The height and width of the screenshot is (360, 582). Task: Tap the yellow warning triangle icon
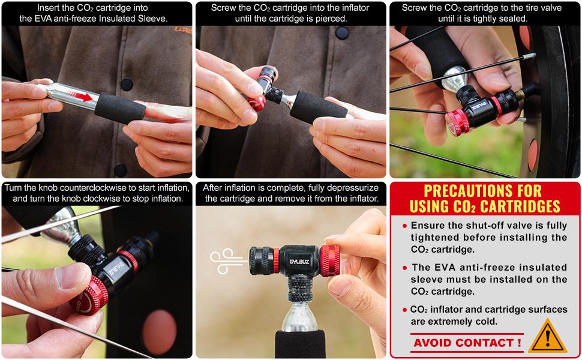click(x=548, y=337)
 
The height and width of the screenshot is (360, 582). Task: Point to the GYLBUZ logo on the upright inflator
click(x=299, y=262)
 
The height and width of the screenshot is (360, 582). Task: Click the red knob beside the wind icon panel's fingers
click(x=329, y=260)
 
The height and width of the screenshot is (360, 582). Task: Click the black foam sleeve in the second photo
click(x=319, y=107)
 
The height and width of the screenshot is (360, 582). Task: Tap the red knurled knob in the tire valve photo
click(x=458, y=122)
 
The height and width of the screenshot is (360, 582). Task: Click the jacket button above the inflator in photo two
click(x=341, y=33)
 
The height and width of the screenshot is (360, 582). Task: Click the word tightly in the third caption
click(x=482, y=18)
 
